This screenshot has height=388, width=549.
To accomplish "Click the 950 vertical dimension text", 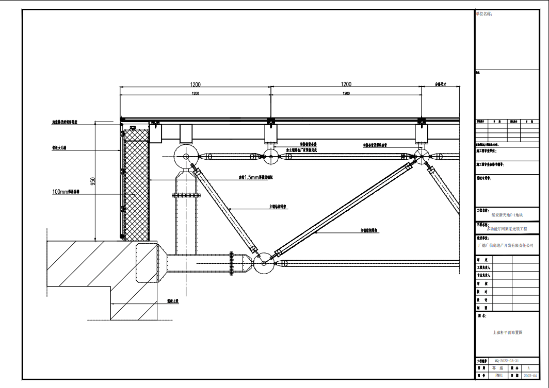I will coord(93,181).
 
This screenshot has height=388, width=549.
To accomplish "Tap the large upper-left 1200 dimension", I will coord(195,85).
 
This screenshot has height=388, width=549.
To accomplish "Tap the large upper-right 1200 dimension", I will coord(346,85).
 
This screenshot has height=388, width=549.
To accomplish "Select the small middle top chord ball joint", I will coord(270,156).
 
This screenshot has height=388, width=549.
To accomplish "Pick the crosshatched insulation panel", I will coord(136,184).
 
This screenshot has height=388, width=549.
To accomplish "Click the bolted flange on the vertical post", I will coord(185,195).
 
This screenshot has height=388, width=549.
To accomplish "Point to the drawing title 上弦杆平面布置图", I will coord(508,333).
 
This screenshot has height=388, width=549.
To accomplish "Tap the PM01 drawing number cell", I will coord(498,376).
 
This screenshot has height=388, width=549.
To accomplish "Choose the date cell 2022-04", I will coord(534,376).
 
